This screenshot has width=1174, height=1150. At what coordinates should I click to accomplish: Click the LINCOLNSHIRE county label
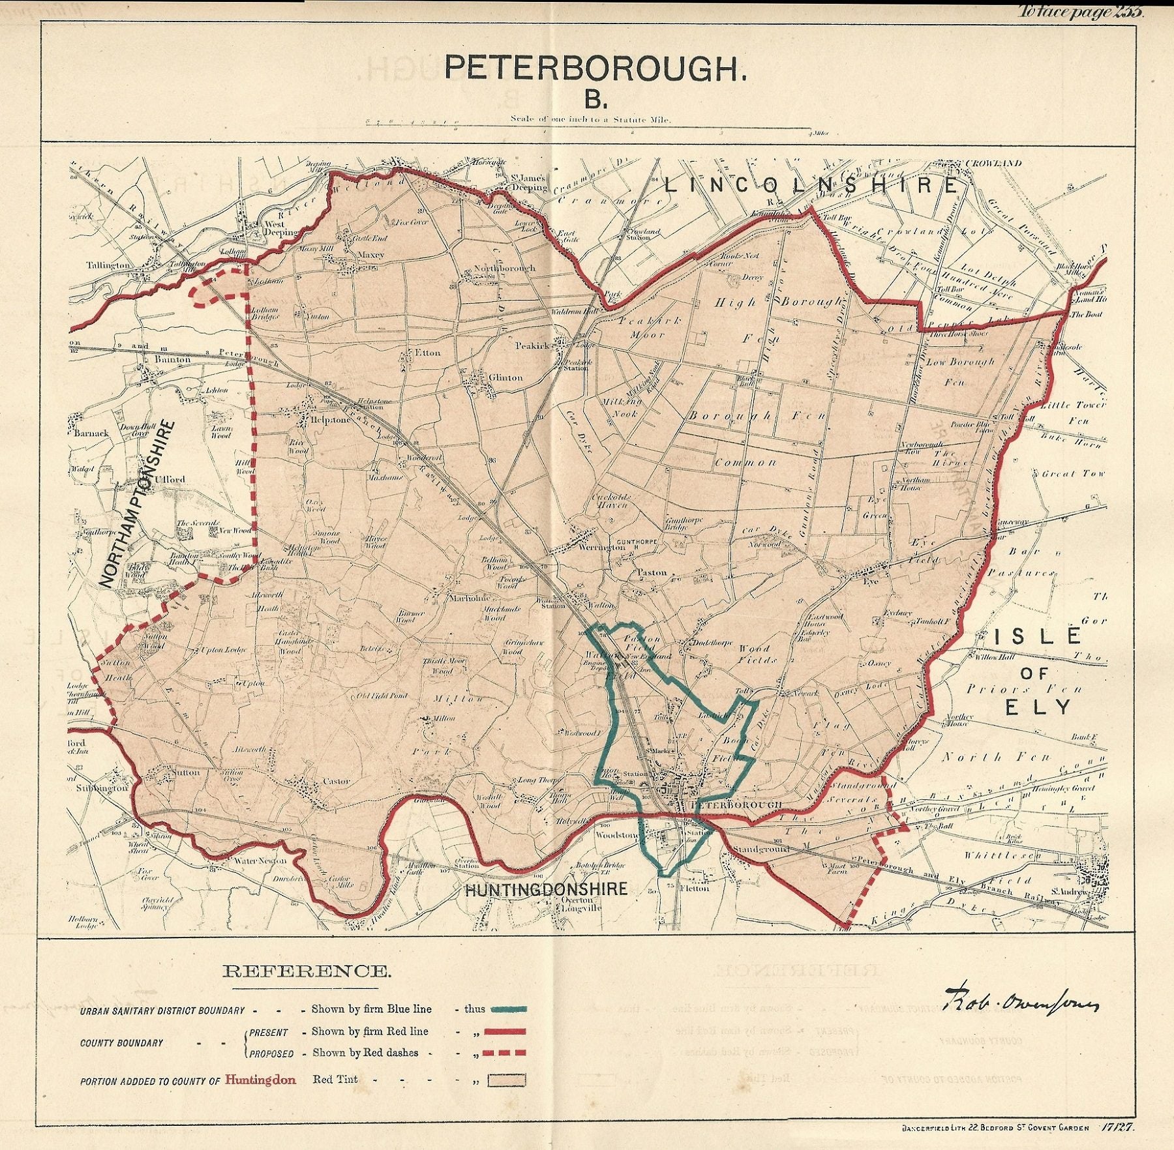[811, 186]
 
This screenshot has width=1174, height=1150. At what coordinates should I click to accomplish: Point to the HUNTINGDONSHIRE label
[546, 889]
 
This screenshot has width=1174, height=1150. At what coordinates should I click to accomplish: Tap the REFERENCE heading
[307, 971]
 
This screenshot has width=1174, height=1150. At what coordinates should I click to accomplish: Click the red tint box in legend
[510, 1080]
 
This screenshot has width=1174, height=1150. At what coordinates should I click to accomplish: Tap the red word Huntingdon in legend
[260, 1080]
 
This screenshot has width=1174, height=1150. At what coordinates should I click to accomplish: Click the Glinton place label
[506, 377]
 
